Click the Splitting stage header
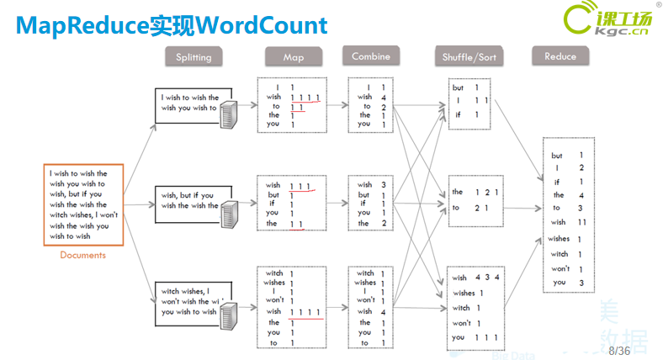(194, 58)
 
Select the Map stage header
(294, 58)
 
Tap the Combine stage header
(371, 57)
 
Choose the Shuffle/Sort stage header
(469, 58)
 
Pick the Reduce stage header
(560, 57)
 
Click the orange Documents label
(82, 255)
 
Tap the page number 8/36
(619, 349)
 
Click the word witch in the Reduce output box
(560, 254)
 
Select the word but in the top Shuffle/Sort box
(458, 87)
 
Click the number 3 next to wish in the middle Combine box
(383, 185)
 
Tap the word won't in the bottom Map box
(274, 300)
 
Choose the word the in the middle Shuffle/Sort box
(458, 193)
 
